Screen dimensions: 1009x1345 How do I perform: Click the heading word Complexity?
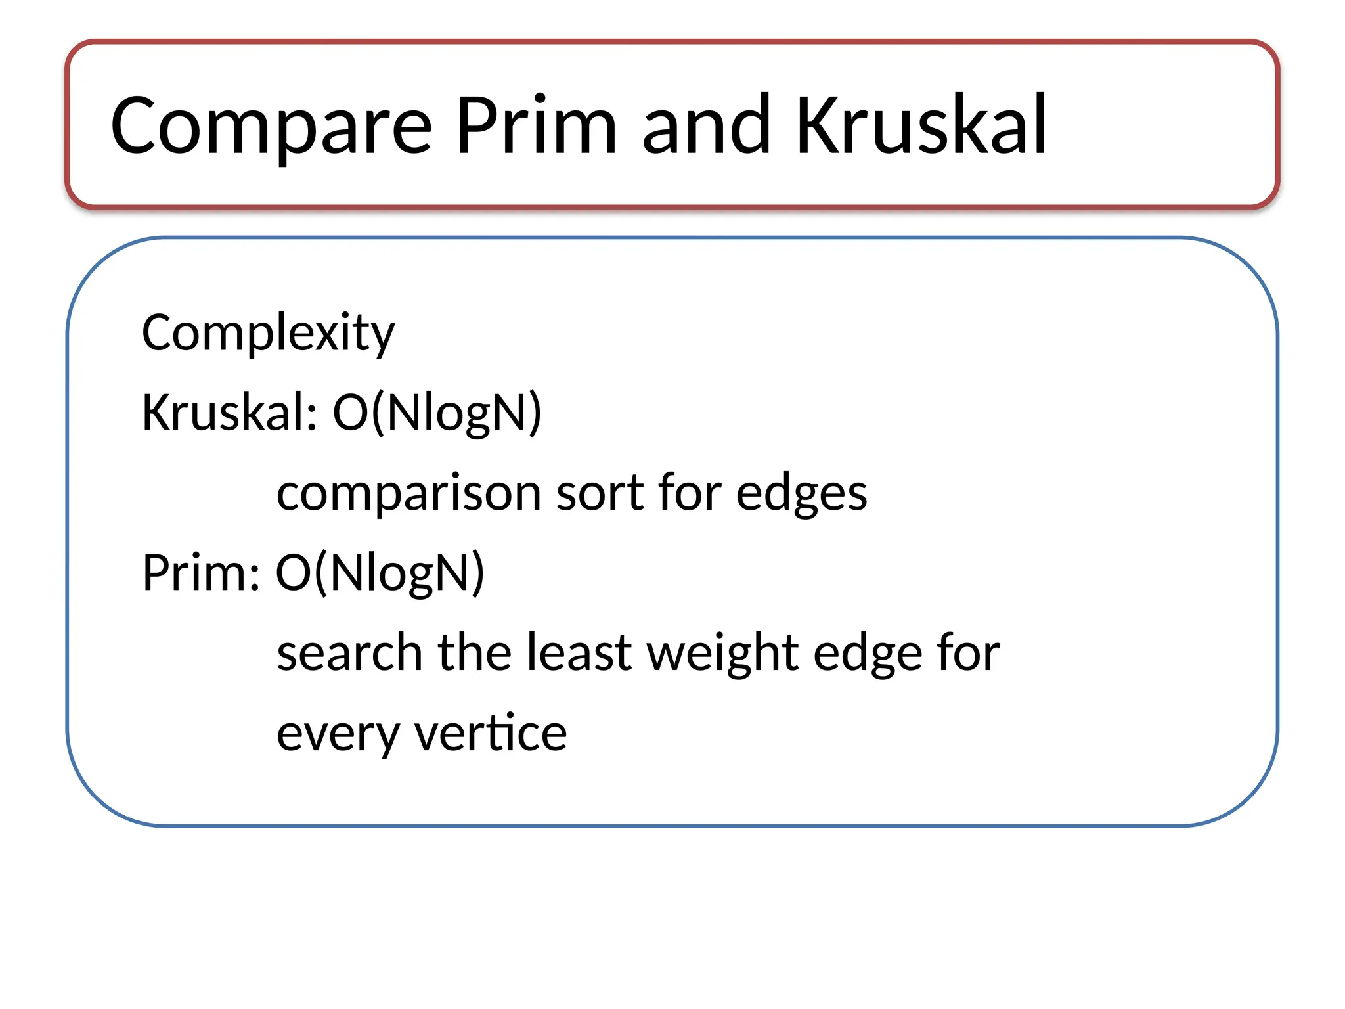click(x=268, y=333)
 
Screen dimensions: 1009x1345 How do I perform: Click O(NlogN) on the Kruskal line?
click(x=437, y=413)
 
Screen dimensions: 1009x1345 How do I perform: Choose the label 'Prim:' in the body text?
click(x=201, y=573)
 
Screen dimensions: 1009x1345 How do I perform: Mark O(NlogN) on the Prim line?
click(x=380, y=573)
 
